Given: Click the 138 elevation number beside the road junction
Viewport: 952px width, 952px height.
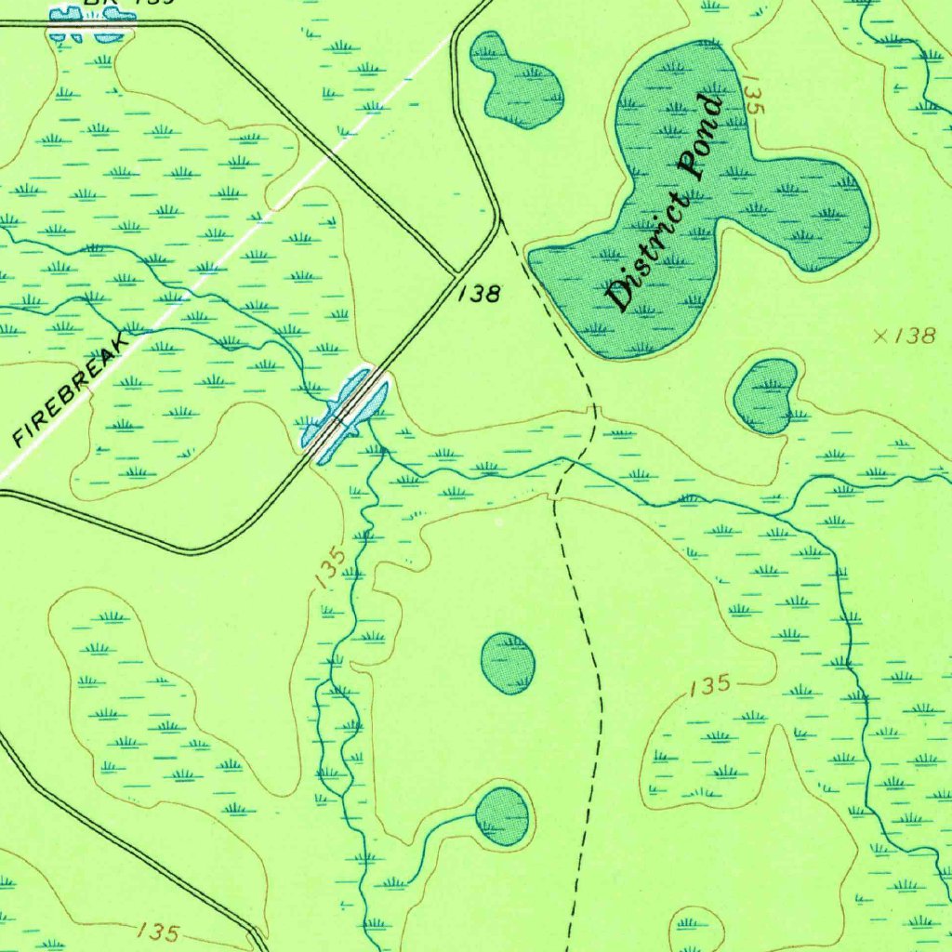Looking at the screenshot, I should [x=480, y=295].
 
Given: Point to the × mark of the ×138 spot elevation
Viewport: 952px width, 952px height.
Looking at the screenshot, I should [x=879, y=337].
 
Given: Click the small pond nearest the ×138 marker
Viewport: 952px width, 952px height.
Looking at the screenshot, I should [x=766, y=396].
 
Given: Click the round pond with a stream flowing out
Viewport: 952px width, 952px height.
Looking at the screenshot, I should [x=502, y=815].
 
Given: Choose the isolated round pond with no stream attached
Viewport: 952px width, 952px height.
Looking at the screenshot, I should [x=508, y=663].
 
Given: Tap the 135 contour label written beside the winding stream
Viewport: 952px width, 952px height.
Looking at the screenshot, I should [x=330, y=568].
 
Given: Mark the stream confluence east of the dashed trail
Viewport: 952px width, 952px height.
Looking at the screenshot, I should [x=777, y=512].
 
